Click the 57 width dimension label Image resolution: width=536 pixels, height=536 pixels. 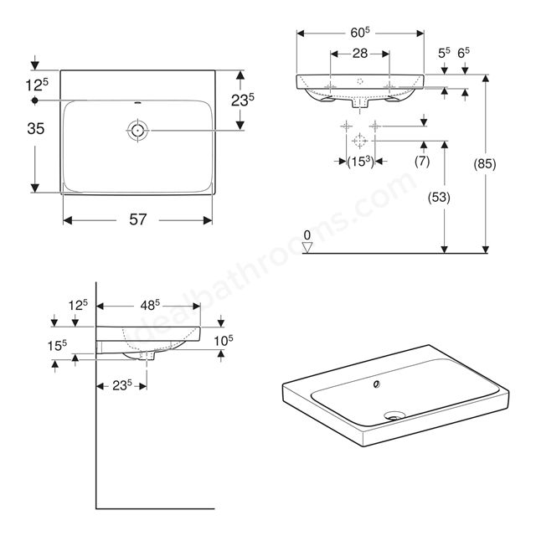coord(137,219)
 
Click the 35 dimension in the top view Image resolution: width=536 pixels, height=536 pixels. coord(35,128)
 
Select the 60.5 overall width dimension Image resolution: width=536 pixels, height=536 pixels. coord(360,33)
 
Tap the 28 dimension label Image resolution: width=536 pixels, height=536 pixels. coord(360,54)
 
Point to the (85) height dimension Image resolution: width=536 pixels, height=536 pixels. coord(484,164)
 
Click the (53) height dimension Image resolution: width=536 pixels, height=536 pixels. coord(439,198)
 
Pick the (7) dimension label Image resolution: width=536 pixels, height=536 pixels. coord(422,161)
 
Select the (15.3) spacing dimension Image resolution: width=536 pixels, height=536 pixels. coord(360,162)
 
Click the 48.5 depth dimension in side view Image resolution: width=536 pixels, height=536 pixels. coord(150,305)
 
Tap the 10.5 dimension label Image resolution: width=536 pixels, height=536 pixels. coord(224,341)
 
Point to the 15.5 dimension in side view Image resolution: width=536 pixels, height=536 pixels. coord(57,346)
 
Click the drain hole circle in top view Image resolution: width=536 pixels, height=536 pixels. coord(137,131)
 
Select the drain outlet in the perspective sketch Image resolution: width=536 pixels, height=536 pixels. coord(394,415)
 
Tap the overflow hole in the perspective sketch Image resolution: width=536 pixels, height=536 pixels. coord(377,384)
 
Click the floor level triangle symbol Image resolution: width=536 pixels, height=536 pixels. coord(307,248)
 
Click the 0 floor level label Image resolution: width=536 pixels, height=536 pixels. coord(307,235)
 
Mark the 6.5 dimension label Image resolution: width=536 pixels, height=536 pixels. coord(463,53)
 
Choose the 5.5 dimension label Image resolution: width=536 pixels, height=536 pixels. coord(444,53)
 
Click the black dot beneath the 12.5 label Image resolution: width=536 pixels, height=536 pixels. coord(34,100)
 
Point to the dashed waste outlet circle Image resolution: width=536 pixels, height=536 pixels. coord(359,141)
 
